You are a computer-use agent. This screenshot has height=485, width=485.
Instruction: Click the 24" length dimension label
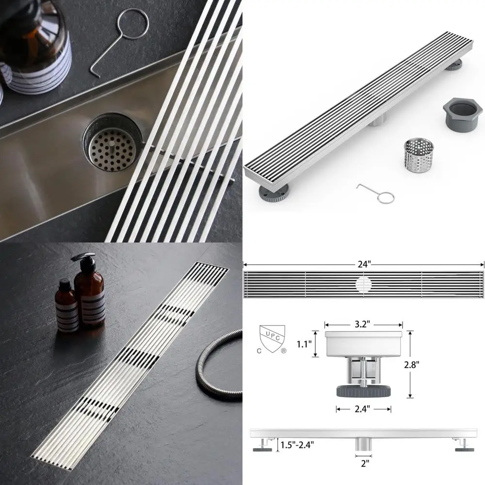pyautogui.click(x=364, y=264)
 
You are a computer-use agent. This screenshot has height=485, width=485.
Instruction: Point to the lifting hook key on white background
pyautogui.click(x=378, y=193)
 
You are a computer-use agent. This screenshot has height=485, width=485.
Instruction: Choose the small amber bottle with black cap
pyautogui.click(x=66, y=306)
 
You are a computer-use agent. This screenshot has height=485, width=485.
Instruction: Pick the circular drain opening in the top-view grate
pyautogui.click(x=364, y=284)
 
